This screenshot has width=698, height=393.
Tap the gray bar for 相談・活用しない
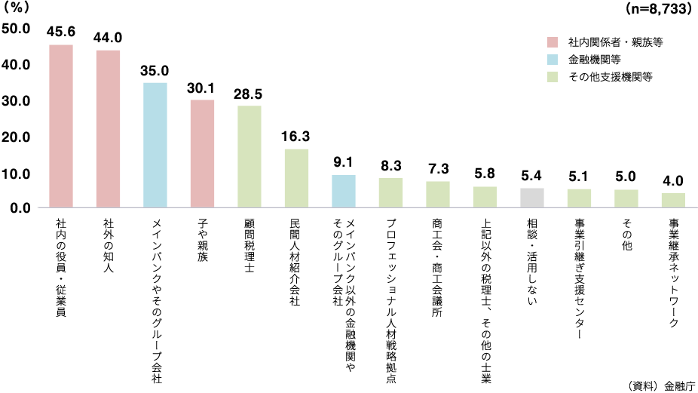coord(532,198)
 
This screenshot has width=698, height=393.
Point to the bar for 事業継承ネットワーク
coord(673,200)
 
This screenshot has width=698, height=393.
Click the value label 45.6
coord(61,32)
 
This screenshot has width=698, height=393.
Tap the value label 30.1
coord(202,88)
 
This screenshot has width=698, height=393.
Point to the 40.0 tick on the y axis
coord(16,65)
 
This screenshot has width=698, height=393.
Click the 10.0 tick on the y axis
coord(16,173)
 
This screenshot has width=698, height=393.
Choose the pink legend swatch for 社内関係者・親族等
coord(553,41)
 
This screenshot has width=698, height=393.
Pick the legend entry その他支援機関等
coord(611,76)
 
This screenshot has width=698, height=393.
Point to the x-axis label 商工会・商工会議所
coord(438,267)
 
